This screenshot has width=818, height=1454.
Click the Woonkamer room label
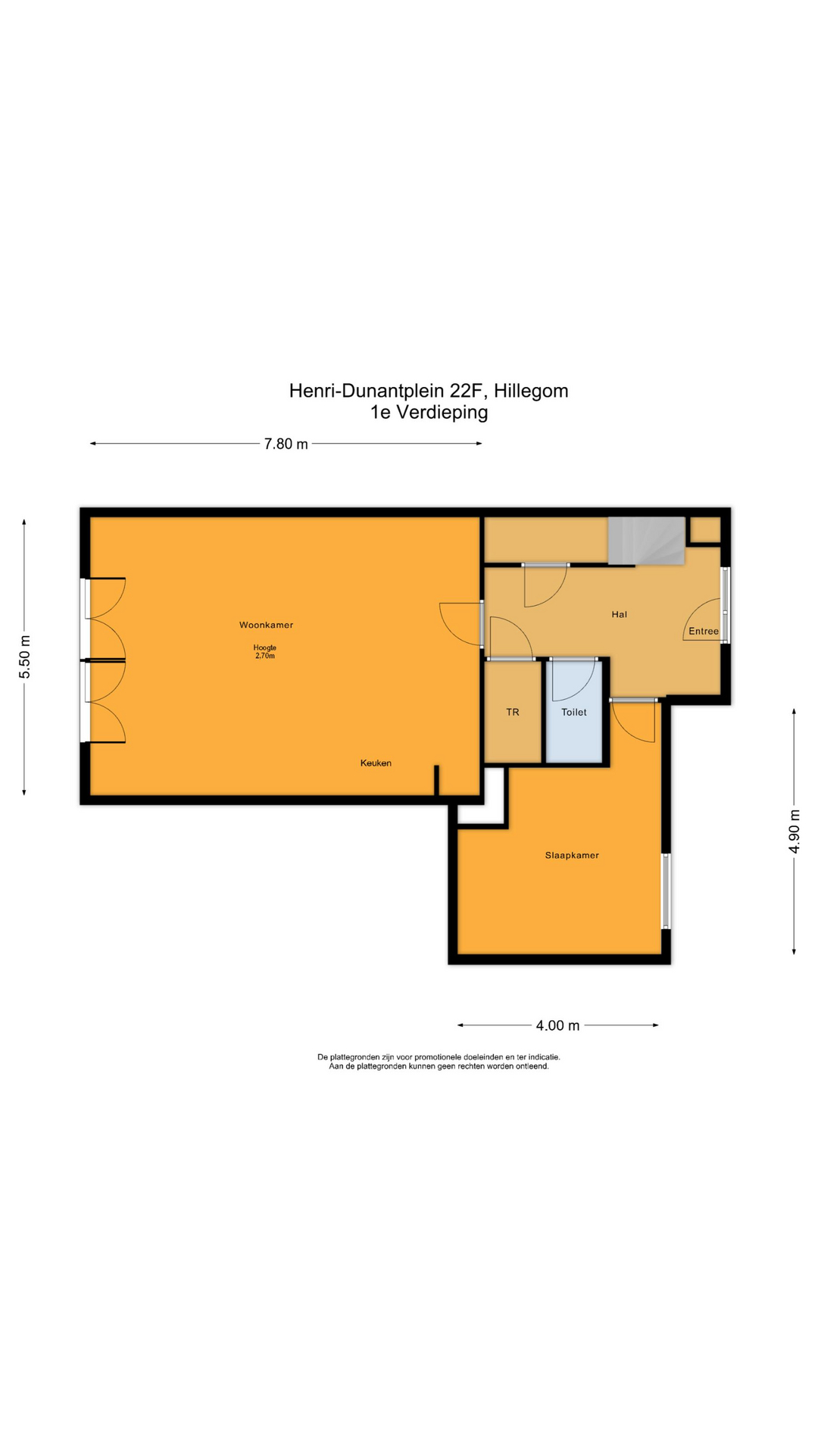[266, 625]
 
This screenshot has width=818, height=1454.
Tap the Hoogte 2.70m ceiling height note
[264, 652]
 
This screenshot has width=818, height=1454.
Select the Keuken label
[376, 763]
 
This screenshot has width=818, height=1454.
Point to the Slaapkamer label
[572, 855]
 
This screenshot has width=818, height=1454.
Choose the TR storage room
[513, 713]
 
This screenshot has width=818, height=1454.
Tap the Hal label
[619, 614]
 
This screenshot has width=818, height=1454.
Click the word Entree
[703, 631]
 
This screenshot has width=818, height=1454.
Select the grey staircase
[646, 540]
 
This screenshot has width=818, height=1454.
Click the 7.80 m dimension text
[286, 444]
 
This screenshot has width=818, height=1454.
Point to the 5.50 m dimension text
[25, 655]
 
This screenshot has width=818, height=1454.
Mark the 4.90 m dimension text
[794, 831]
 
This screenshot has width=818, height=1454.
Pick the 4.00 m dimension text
[557, 1025]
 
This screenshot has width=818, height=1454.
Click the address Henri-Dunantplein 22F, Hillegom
[428, 391]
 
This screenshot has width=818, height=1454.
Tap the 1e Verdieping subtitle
[428, 413]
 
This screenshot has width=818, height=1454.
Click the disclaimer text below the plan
[439, 1061]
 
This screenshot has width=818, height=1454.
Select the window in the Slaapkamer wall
[666, 891]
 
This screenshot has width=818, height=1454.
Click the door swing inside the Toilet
[570, 681]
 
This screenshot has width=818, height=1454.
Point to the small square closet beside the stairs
[705, 529]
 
